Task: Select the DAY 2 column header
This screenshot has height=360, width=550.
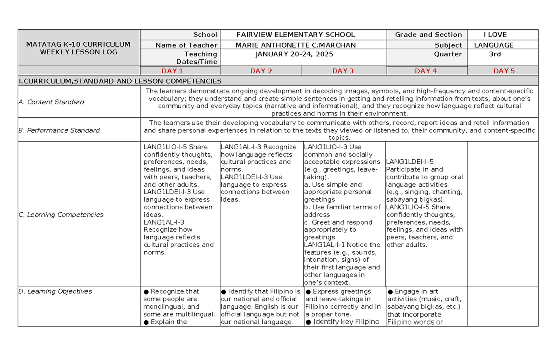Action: (261, 71)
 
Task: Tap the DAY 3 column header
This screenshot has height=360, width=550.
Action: (343, 71)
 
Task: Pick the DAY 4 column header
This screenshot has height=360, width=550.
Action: (426, 71)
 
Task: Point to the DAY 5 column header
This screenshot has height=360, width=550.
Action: (504, 71)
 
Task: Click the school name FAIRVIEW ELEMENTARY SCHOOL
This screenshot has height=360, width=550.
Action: (295, 35)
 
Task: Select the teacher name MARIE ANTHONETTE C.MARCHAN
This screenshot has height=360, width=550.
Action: (295, 45)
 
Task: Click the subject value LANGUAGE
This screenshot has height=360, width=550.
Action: (494, 45)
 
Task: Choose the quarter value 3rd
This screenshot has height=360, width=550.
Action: (495, 54)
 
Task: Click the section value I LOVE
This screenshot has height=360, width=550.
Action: (495, 35)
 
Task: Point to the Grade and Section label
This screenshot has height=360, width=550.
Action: (429, 35)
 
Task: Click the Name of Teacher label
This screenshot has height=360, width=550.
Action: (186, 45)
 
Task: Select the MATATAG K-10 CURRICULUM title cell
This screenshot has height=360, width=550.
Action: (78, 48)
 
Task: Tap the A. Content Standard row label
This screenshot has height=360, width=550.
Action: (51, 102)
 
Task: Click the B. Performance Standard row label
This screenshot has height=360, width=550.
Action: (59, 131)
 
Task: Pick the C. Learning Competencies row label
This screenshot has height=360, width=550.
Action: (61, 215)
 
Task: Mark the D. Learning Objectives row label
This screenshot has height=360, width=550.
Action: (55, 292)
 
